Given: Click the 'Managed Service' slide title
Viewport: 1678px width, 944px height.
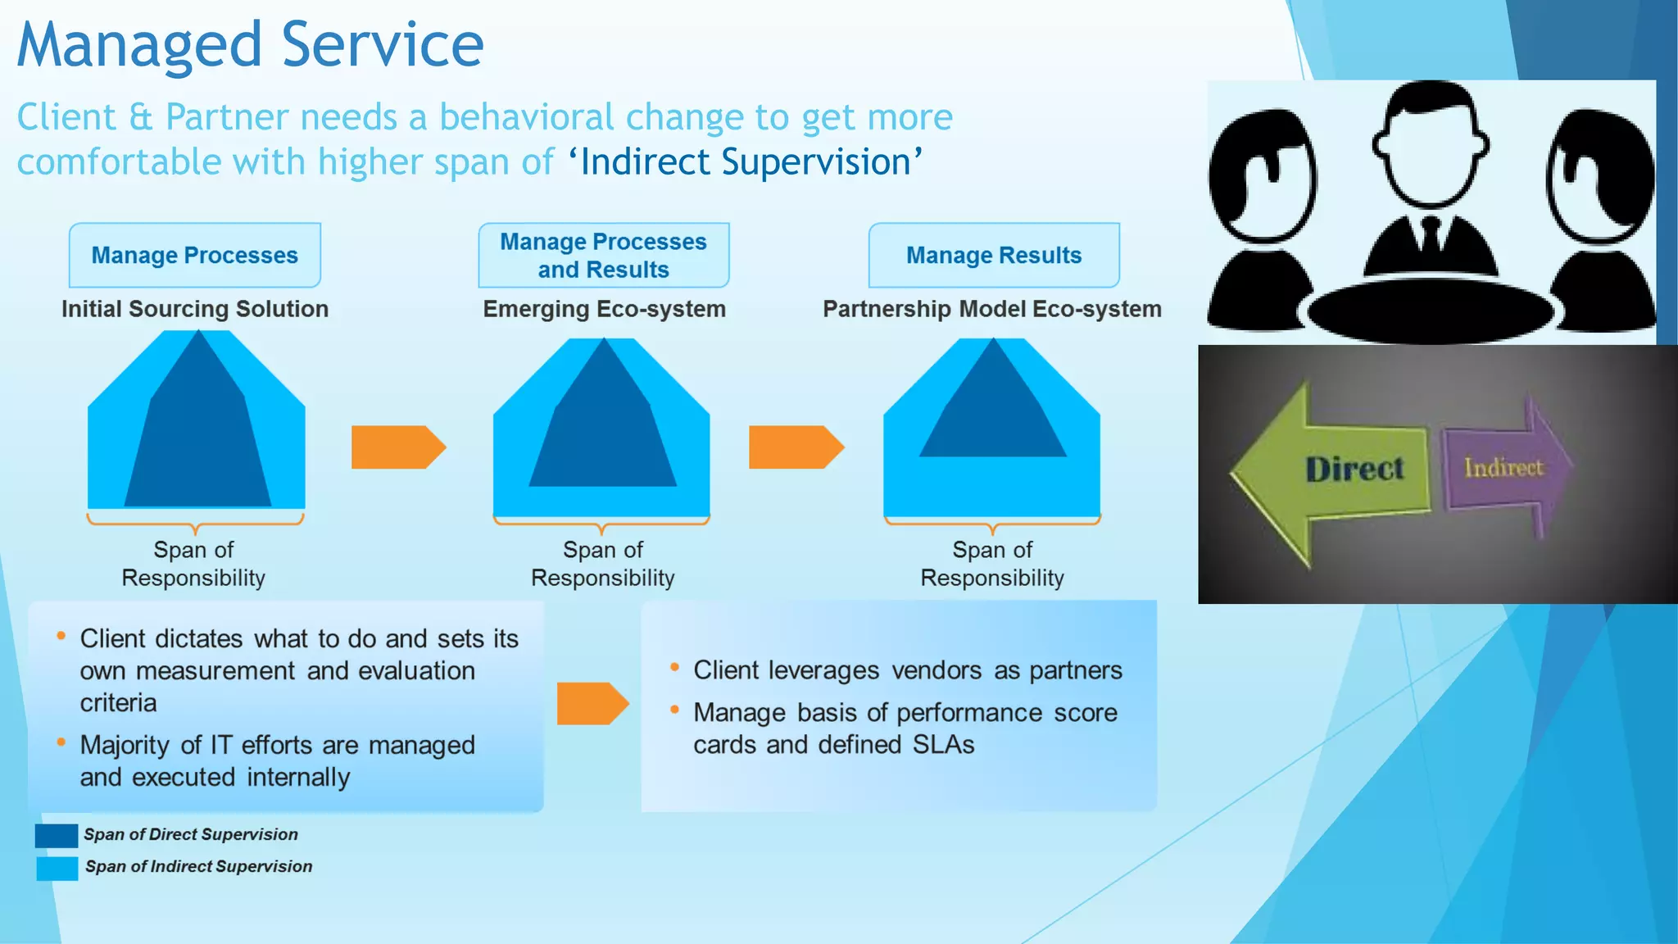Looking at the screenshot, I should (250, 45).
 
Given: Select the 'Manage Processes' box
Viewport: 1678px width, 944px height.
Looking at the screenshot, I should (194, 255).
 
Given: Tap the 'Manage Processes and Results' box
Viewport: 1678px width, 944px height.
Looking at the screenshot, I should (603, 255).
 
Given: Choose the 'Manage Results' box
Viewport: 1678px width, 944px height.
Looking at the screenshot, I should (993, 255).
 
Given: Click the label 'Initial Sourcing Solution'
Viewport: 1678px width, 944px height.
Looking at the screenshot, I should (194, 309).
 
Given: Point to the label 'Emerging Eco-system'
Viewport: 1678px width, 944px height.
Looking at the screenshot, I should (604, 309).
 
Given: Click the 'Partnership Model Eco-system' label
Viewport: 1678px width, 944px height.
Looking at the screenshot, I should (991, 309).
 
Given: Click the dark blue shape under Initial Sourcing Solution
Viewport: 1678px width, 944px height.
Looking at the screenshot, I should (197, 442).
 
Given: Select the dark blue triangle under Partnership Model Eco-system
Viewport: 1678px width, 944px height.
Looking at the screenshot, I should (992, 414).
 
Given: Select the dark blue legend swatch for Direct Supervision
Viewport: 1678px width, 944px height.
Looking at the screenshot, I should (57, 835).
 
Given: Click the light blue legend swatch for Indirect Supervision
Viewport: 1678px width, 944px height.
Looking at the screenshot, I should (57, 868).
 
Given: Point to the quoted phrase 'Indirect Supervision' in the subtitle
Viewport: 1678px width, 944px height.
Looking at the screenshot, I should (745, 161).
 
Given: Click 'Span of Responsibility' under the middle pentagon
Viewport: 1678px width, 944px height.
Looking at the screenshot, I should (602, 564).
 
